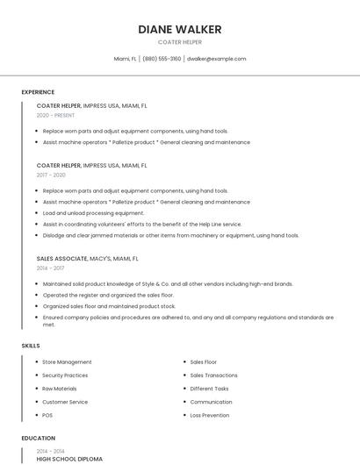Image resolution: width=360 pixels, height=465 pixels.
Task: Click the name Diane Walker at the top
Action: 179,29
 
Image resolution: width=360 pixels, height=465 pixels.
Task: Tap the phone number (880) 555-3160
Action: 162,59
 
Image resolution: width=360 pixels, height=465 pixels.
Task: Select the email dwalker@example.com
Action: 216,59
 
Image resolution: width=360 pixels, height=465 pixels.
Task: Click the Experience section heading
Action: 38,92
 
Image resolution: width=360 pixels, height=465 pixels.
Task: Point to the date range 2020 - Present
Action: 55,115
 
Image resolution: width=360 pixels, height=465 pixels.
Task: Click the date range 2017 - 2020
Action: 51,175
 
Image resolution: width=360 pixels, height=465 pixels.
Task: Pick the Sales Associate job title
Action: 61,259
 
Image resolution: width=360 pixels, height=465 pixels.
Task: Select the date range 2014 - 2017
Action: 51,268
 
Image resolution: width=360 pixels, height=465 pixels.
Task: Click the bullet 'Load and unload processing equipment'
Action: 93,212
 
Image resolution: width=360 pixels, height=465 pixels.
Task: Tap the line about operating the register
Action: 108,295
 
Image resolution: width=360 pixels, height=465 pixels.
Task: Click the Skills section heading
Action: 31,346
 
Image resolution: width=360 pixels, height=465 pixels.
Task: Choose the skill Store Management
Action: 67,361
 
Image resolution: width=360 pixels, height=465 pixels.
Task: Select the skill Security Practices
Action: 65,375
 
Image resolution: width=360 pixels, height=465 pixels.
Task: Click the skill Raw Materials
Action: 60,388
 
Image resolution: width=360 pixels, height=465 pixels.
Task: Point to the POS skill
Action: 47,415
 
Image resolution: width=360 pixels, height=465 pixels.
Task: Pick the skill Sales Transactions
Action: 213,375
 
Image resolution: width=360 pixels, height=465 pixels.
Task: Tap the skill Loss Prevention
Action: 209,415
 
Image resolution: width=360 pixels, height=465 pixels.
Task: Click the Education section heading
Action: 38,438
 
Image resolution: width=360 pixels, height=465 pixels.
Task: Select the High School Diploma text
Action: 69,459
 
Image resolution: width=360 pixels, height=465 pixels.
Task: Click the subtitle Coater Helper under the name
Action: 179,42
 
